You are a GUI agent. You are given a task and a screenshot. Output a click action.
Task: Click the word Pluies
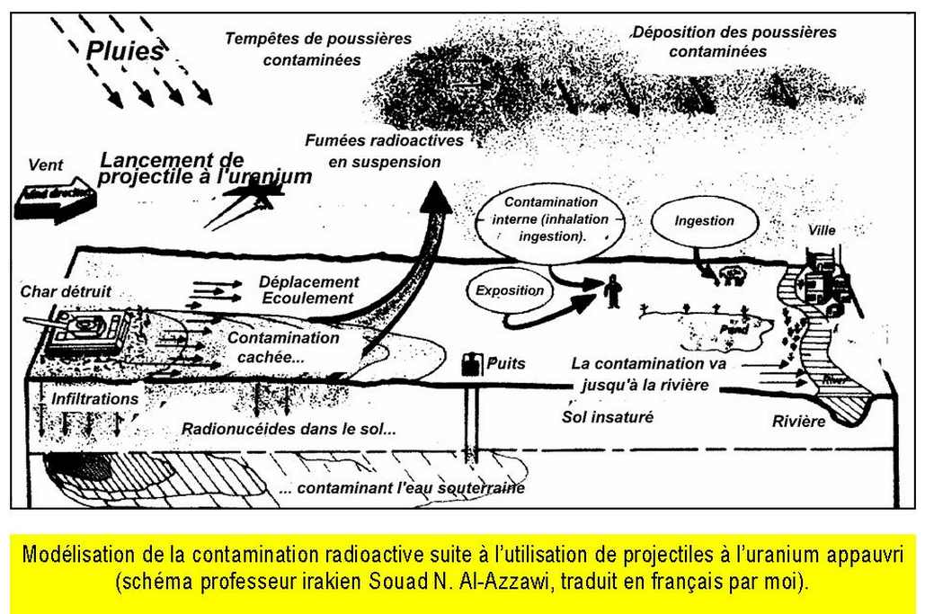pos(125,51)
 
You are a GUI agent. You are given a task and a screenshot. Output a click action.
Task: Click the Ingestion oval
pos(704,220)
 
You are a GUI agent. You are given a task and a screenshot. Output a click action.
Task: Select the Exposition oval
pos(510,291)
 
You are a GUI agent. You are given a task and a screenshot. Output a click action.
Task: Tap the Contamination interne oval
pos(551,219)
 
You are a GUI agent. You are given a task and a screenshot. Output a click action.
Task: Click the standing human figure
pos(613,290)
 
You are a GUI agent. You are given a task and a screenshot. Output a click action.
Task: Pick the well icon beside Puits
pos(471,365)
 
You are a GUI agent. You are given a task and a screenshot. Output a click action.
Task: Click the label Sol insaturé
pos(608,417)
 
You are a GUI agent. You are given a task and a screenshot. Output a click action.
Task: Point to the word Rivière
pos(798,421)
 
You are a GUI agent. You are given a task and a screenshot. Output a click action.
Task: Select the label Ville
pos(822,230)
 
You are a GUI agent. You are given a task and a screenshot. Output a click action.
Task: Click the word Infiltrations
pos(95,398)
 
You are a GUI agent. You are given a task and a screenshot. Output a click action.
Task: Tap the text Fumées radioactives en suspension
pos(384,151)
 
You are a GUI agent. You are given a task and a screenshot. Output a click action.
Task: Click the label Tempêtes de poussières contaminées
pos(317,49)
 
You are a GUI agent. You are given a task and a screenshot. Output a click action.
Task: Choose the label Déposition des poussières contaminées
pos(734,41)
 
